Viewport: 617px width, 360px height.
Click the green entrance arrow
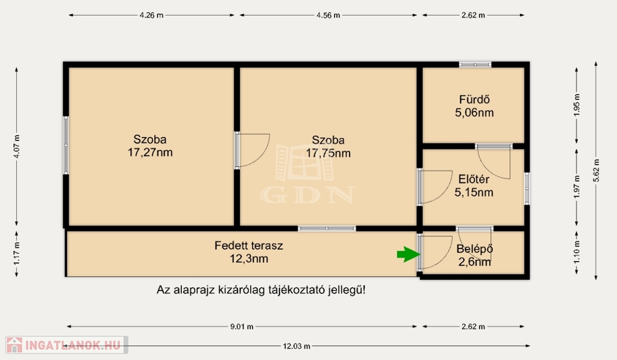click(x=409, y=254)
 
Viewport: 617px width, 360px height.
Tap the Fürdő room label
click(x=474, y=99)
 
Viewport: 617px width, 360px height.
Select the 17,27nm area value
click(x=150, y=153)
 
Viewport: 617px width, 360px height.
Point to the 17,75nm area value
click(x=328, y=153)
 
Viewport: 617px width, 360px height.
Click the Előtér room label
click(x=474, y=179)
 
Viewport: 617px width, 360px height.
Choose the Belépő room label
click(x=475, y=249)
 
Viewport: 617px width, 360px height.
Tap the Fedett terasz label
click(x=249, y=245)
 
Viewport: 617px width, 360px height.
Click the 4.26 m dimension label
click(x=151, y=15)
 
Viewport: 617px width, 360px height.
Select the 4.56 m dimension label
click(x=328, y=15)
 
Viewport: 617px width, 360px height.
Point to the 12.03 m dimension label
click(x=296, y=346)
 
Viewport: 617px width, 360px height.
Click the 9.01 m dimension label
click(x=242, y=326)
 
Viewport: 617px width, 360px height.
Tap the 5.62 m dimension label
click(x=596, y=171)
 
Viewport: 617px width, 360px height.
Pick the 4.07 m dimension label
click(x=16, y=147)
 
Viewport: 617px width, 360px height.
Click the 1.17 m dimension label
click(x=16, y=254)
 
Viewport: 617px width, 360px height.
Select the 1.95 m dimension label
click(x=577, y=105)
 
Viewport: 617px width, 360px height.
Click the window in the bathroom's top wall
click(x=475, y=65)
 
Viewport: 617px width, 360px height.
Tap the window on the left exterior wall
click(x=66, y=145)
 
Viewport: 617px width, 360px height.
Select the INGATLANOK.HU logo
click(x=66, y=345)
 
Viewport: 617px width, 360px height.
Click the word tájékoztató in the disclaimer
click(x=296, y=290)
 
